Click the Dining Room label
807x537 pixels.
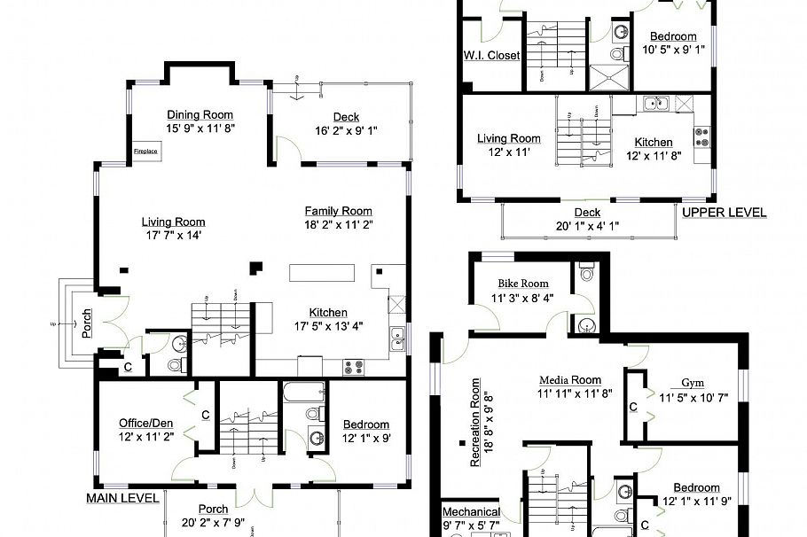[200, 114]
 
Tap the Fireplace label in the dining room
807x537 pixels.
[145, 152]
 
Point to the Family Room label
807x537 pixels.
[338, 211]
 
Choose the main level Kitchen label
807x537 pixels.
[328, 312]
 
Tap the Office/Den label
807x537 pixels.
[147, 423]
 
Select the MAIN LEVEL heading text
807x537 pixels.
[122, 498]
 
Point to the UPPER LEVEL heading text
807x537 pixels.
[724, 213]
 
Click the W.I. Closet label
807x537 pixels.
[490, 55]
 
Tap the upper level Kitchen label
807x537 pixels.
[653, 142]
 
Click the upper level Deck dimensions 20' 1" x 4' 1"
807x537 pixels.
[587, 225]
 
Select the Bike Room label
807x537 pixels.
[522, 284]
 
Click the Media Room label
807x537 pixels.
[570, 380]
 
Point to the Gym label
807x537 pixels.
[693, 383]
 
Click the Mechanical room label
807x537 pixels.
[471, 512]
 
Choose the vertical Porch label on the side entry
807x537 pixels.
[87, 324]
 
